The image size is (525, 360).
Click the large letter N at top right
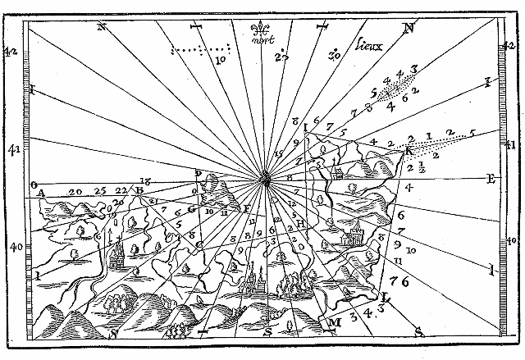pos(408,29)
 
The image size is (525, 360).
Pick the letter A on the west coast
pos(40,194)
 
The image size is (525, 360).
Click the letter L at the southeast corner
pos(386,298)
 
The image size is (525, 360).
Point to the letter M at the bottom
pos(334,322)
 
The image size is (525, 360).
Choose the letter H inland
pos(301,222)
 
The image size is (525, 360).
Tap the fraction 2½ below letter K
pos(415,168)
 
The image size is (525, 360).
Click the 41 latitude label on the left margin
pos(12,150)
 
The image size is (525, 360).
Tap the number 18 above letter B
pos(145,181)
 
